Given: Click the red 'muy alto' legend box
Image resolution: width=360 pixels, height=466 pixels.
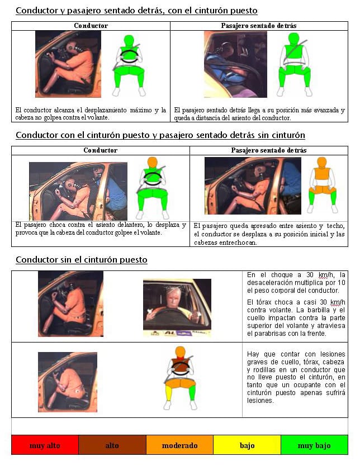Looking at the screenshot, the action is [45, 445].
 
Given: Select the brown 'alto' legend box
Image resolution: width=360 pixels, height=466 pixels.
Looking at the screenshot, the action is [112, 445].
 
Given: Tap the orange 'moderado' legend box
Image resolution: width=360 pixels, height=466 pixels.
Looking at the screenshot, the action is [179, 445].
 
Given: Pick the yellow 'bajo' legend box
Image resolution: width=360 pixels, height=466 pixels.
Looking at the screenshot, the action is [247, 445].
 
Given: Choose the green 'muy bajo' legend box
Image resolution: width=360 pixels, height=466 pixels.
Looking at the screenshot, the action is [314, 445].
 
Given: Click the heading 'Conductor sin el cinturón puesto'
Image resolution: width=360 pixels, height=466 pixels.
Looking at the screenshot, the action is [82, 260].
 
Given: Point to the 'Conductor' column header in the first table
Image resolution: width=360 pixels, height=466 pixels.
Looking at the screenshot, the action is [91, 26].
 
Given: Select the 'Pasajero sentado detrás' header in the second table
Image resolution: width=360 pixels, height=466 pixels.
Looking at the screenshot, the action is [269, 150].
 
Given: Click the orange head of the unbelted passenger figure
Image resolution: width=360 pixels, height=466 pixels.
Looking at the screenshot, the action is [321, 162].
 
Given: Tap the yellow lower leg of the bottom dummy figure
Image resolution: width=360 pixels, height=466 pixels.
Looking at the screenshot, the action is [169, 393].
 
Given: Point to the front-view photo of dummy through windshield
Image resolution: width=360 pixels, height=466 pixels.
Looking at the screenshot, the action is [177, 307].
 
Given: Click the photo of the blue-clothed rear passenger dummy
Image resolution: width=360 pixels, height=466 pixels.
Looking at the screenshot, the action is [235, 64].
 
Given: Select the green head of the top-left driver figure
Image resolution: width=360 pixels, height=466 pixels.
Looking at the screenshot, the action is [129, 40].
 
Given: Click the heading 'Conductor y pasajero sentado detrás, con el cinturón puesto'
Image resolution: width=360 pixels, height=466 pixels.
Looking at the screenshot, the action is [136, 11].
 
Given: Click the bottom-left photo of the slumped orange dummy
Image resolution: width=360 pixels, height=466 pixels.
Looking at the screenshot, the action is [68, 382].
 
